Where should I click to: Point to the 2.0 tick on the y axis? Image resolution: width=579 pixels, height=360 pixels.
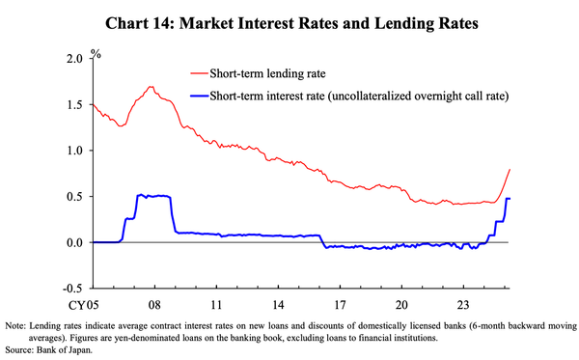click(x=75, y=59)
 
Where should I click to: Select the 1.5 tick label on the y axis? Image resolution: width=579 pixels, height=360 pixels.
click(x=75, y=105)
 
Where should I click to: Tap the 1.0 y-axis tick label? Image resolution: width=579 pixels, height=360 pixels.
click(x=75, y=151)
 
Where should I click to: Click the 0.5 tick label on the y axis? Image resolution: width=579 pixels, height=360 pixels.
click(x=75, y=197)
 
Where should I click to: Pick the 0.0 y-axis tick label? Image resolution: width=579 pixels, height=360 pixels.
click(x=75, y=242)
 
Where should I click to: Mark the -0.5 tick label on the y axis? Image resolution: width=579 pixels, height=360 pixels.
click(x=73, y=289)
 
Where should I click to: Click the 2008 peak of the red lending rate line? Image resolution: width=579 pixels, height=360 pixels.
click(x=152, y=87)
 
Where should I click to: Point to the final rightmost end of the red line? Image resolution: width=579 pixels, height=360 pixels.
click(x=510, y=170)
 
